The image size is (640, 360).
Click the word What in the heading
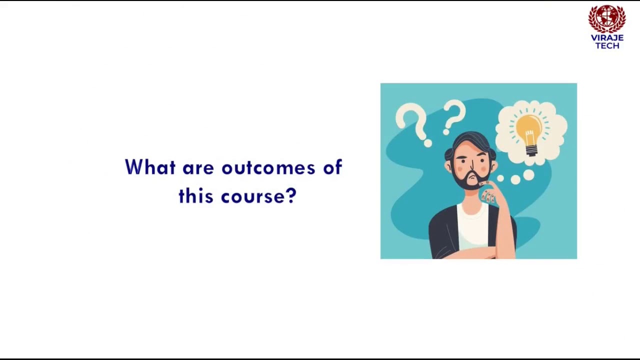[150, 167]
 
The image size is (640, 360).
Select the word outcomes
[268, 168]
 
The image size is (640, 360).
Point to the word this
[196, 196]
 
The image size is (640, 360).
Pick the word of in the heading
[332, 167]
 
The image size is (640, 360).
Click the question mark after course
[291, 196]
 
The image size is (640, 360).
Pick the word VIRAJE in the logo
[607, 38]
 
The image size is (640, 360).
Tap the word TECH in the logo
[607, 46]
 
